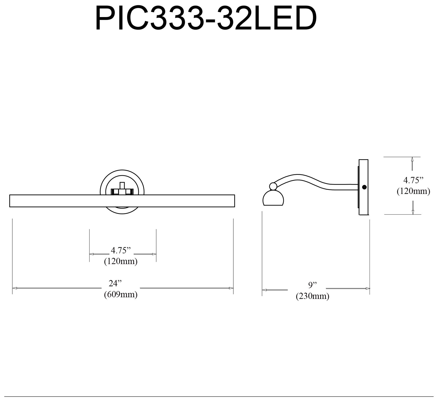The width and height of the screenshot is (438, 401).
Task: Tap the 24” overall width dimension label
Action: (115, 283)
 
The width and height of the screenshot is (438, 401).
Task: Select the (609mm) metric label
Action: (121, 294)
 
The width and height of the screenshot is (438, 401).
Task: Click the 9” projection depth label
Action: (313, 285)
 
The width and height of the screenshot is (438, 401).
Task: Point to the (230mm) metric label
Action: (312, 296)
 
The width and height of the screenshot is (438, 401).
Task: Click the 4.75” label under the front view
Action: (121, 250)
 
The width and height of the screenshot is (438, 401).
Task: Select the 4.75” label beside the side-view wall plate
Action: (413, 180)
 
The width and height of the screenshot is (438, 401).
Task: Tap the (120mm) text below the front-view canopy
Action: (121, 261)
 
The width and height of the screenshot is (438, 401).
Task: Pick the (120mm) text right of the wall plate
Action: (413, 191)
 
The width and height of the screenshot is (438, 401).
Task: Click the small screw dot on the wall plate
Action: (364, 187)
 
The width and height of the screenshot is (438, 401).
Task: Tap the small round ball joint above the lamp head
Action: (273, 186)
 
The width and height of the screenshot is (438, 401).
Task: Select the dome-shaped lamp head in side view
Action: (273, 199)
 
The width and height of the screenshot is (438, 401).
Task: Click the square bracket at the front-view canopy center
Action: (122, 190)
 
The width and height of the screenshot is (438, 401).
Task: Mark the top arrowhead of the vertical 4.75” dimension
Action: (412, 159)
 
